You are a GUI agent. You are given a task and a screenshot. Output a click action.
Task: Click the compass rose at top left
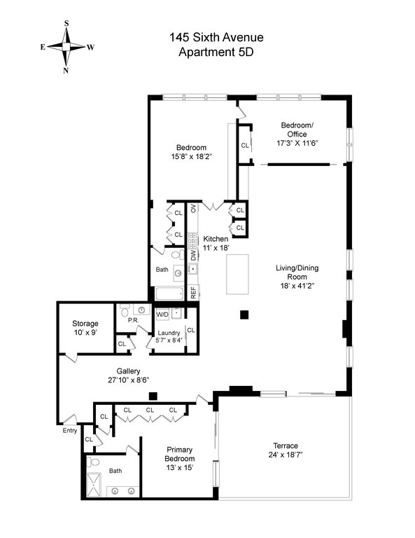click(66, 47)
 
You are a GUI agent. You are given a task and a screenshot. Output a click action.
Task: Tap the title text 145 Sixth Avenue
click(216, 37)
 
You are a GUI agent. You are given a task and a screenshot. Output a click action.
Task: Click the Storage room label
click(85, 324)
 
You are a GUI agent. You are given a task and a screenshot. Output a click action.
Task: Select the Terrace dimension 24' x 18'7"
click(286, 455)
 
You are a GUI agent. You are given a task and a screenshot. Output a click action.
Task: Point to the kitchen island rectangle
click(237, 275)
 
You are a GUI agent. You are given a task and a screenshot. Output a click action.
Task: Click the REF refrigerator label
click(193, 292)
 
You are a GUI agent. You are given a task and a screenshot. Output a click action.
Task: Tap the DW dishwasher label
click(193, 255)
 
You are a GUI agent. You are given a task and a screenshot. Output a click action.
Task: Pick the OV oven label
click(193, 208)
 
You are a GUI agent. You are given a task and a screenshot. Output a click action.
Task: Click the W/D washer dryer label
click(162, 315)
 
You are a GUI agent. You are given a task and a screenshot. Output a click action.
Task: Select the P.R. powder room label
click(133, 320)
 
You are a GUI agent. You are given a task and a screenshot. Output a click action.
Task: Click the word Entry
click(70, 431)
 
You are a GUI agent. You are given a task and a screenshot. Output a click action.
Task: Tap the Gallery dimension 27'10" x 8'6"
click(128, 380)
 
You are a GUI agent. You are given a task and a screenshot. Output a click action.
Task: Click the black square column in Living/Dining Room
click(244, 315)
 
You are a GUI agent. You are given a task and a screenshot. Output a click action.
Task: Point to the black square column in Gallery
click(153, 396)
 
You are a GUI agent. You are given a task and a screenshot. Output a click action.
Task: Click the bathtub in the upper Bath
click(169, 294)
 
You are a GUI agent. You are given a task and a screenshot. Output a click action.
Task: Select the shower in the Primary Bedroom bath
click(94, 485)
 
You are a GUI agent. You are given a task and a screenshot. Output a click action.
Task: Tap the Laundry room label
click(169, 333)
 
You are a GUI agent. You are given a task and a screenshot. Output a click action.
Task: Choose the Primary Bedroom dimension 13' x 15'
click(180, 468)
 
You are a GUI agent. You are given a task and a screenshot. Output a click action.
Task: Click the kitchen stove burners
click(192, 241)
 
